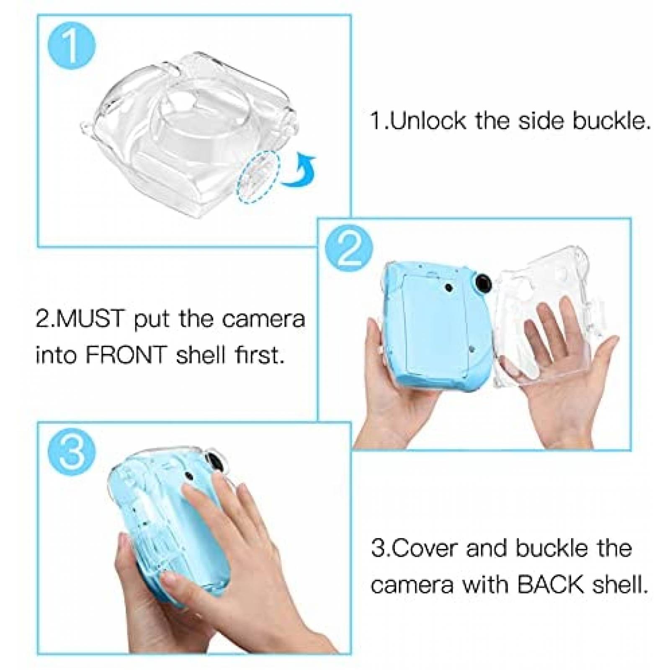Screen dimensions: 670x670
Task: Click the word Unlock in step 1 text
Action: (x=428, y=121)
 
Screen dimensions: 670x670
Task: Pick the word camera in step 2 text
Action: (x=263, y=319)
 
